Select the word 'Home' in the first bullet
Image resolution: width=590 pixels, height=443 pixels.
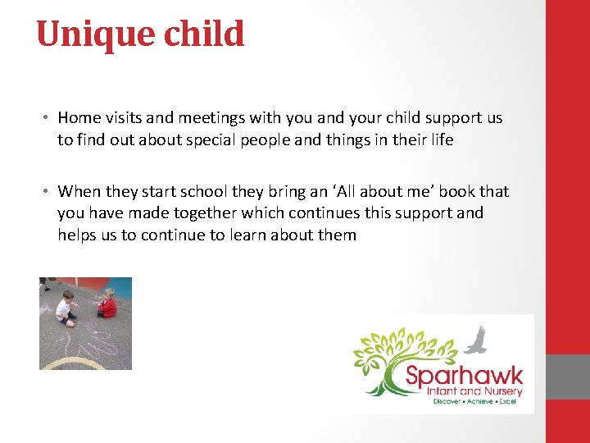[79, 118]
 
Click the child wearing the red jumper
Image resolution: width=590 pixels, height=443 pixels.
[107, 304]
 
